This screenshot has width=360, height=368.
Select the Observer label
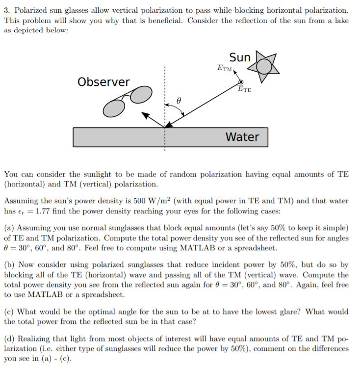pos(103,81)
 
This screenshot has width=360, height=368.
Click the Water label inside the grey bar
pos(242,136)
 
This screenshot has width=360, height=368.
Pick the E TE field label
pos(244,89)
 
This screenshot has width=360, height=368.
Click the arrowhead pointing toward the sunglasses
pos(146,116)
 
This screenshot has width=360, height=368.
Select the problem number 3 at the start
pos(6,10)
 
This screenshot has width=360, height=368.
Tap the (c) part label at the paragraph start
pos(9,312)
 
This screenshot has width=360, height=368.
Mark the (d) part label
pos(9,339)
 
